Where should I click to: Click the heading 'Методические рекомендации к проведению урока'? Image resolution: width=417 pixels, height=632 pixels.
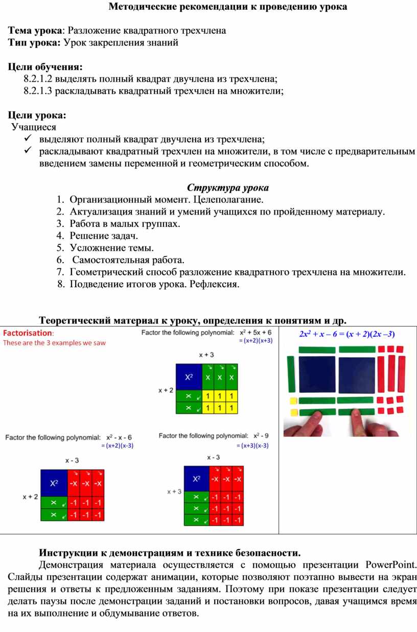tap(227, 7)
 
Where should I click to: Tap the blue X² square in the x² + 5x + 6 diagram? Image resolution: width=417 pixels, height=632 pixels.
tap(189, 377)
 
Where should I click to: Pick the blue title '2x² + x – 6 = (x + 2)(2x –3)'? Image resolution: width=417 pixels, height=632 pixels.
tap(346, 335)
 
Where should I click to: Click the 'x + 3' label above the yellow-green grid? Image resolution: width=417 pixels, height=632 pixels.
tap(206, 355)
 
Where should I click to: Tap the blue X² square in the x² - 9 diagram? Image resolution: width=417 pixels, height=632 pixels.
tap(196, 479)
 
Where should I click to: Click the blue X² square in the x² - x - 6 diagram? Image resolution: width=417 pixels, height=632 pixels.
tap(54, 482)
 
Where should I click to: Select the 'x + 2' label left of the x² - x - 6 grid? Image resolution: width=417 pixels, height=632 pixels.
tap(30, 496)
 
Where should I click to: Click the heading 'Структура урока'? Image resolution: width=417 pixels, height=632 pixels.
tap(227, 187)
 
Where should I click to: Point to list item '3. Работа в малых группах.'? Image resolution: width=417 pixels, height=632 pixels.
tap(125, 223)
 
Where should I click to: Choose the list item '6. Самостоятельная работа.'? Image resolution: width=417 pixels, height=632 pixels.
tap(128, 260)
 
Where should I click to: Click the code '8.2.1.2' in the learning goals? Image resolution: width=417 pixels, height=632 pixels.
tap(38, 79)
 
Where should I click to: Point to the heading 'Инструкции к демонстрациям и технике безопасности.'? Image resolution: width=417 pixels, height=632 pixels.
tap(170, 553)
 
